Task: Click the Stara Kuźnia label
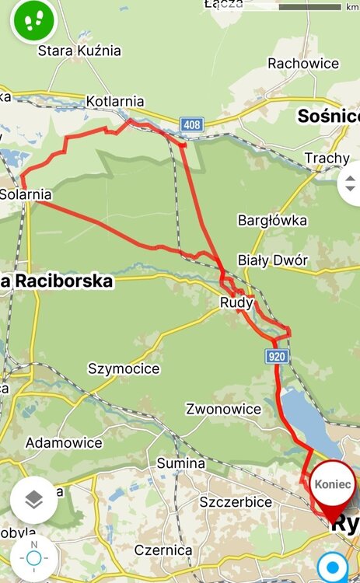coord(80,51)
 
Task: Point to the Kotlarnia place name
coord(115,101)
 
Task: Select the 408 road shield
coord(192,124)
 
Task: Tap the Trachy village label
coord(327,158)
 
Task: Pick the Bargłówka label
coord(272,220)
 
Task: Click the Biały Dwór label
coord(272,260)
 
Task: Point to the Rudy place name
coord(237,303)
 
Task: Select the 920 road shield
coord(277,357)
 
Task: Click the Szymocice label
coord(124,368)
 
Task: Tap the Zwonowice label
coord(223,409)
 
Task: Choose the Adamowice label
coord(64,442)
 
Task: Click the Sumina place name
coord(181,463)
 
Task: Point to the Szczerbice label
coord(236,502)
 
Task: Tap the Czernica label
coord(163,550)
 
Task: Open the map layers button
coord(33,500)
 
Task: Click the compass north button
coord(33,557)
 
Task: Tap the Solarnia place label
coord(26,194)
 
